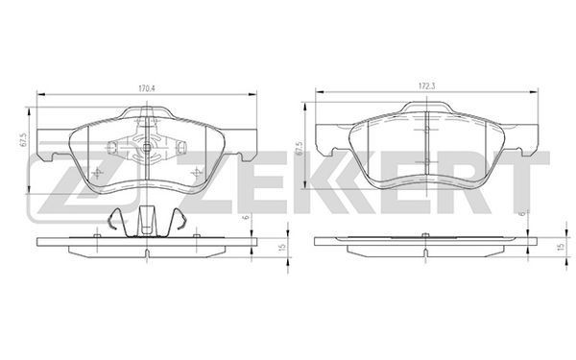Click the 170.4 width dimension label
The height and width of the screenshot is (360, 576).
point(147,88)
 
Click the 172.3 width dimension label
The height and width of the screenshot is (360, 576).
point(426,86)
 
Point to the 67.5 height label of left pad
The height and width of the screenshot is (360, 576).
point(22,141)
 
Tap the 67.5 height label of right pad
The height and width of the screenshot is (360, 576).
point(300,149)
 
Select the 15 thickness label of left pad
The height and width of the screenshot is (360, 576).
point(282,248)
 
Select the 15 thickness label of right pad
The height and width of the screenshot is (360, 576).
point(561,247)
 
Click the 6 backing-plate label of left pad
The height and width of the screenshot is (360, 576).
point(247,217)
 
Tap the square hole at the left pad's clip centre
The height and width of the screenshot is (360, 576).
point(147,148)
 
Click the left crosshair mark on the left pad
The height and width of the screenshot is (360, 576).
point(97,172)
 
